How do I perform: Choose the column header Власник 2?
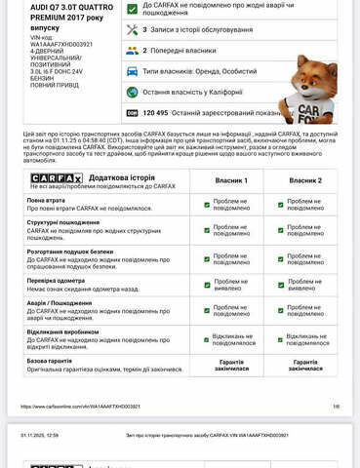[305, 180]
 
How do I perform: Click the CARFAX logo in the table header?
[55, 178]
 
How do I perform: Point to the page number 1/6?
[336, 406]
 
